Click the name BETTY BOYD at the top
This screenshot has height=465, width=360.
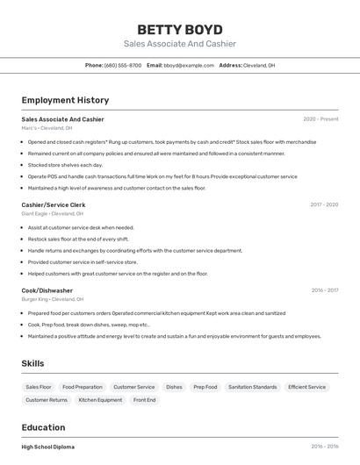180,29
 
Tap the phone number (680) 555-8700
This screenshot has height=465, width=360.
123,65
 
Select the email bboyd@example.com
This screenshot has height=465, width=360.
189,65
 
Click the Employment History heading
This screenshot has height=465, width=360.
65,100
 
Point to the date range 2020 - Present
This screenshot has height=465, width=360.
320,119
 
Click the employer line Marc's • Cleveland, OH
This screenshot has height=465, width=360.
47,128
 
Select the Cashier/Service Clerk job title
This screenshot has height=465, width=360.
54,204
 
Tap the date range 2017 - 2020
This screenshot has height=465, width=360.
324,204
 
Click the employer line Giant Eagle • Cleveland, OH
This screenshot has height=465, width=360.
53,213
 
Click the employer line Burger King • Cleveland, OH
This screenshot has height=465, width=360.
53,299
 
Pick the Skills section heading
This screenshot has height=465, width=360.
33,363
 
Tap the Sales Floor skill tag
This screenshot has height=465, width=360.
39,387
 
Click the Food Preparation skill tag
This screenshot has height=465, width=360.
83,387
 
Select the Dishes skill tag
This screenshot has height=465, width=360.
174,387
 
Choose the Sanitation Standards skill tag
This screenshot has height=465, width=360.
252,387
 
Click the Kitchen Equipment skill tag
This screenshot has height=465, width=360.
100,400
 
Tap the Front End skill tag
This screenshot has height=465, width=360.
145,400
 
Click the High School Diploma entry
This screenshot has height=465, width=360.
48,447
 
